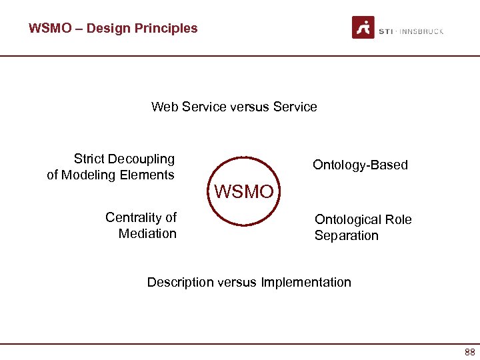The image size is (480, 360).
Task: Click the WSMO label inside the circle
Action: [x=243, y=193]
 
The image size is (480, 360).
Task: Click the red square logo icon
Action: [x=363, y=28]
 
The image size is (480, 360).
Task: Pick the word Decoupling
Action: [x=143, y=159]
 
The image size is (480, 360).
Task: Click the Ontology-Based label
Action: [x=360, y=165]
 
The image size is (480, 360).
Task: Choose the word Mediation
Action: [x=147, y=233]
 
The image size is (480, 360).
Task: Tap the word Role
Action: [x=398, y=219]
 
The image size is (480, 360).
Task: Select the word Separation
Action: [x=346, y=235]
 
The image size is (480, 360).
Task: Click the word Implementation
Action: [x=306, y=282]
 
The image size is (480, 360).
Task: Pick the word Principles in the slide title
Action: [x=166, y=28]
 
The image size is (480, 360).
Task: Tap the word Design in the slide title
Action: [x=109, y=28]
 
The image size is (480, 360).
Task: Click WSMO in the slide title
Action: [x=48, y=28]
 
